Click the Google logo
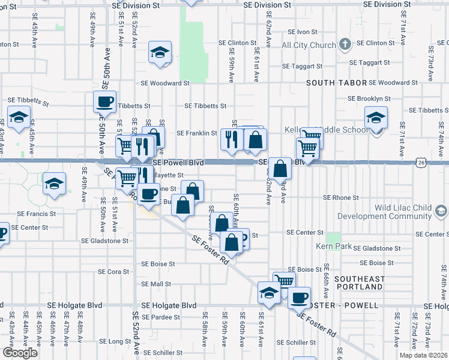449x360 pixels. click(x=20, y=353)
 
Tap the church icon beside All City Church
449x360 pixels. click(x=345, y=44)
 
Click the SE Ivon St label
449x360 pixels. click(x=302, y=31)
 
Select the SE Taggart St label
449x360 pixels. click(x=302, y=66)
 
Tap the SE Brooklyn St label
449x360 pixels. click(x=370, y=98)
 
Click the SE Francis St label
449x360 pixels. click(x=37, y=213)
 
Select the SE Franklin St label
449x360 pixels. click(x=196, y=133)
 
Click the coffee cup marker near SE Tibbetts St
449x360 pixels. click(x=105, y=101)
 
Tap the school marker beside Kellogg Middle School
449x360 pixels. click(x=376, y=118)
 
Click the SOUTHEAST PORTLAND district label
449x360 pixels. click(x=360, y=283)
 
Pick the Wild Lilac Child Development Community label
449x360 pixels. click(x=384, y=212)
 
